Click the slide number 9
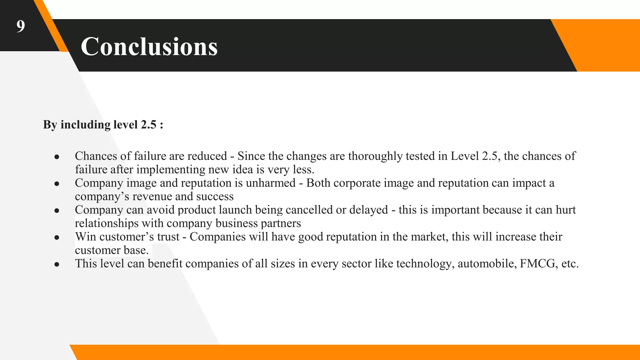[x=21, y=26]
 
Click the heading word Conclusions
[x=149, y=47]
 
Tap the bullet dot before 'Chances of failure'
[x=57, y=157]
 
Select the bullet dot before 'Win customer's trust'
[x=57, y=237]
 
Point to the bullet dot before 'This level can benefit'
[x=57, y=264]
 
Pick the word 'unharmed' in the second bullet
[x=271, y=183]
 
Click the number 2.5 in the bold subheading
[x=148, y=125]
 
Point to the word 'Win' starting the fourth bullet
[x=85, y=237]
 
